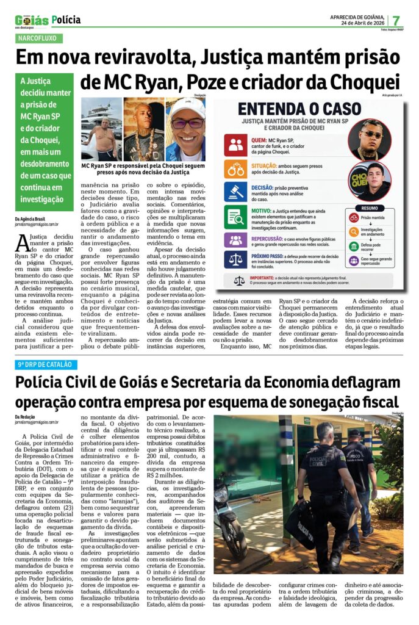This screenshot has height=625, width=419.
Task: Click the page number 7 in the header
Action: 396,20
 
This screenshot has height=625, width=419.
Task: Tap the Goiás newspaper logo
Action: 31,21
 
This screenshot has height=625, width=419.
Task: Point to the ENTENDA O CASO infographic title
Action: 299,109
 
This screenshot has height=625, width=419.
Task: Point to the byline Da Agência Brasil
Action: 30,218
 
